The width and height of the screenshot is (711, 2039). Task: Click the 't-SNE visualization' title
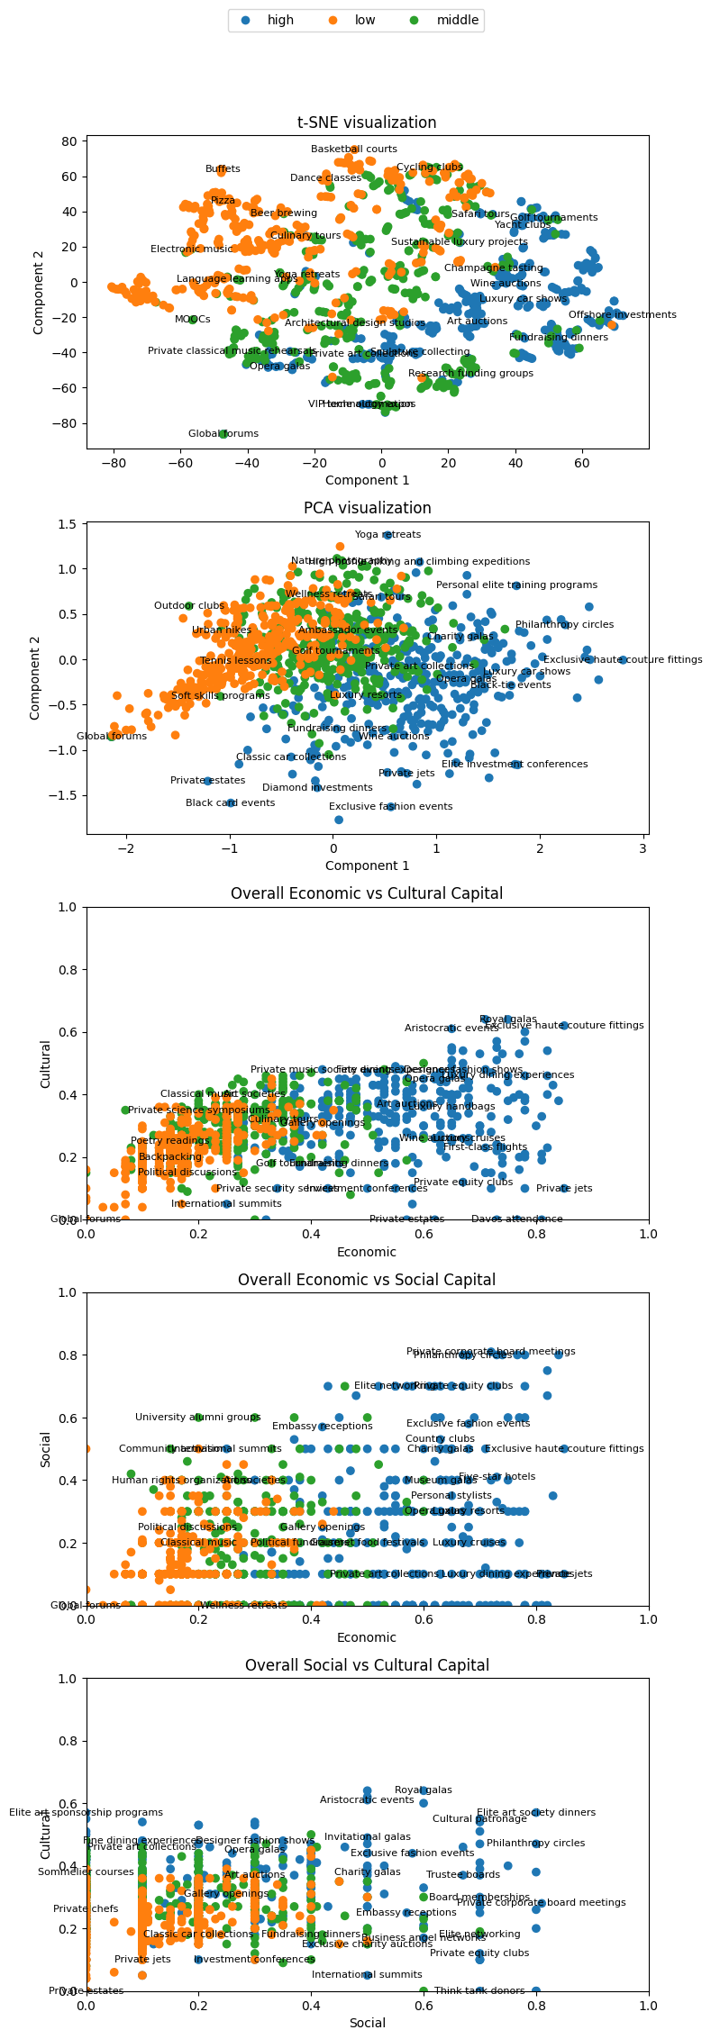(367, 122)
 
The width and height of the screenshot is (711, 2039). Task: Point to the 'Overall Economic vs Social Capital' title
(367, 1280)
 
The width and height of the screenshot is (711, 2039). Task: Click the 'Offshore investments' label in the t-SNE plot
(622, 315)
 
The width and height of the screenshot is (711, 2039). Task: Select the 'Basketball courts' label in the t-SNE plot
(354, 150)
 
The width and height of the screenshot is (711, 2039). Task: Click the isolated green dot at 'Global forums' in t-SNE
(223, 434)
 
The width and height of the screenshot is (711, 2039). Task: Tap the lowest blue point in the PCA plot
(339, 820)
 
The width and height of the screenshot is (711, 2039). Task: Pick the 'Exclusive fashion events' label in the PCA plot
(390, 807)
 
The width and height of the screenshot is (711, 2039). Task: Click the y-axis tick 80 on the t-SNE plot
(68, 141)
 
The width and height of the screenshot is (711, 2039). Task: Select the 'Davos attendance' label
(516, 1219)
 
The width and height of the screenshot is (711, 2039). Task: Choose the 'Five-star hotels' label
(497, 1477)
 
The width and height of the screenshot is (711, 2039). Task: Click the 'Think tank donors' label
(479, 1991)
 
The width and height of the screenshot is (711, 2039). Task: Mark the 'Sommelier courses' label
(86, 1872)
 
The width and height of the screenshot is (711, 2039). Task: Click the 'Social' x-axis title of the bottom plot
(367, 2023)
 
